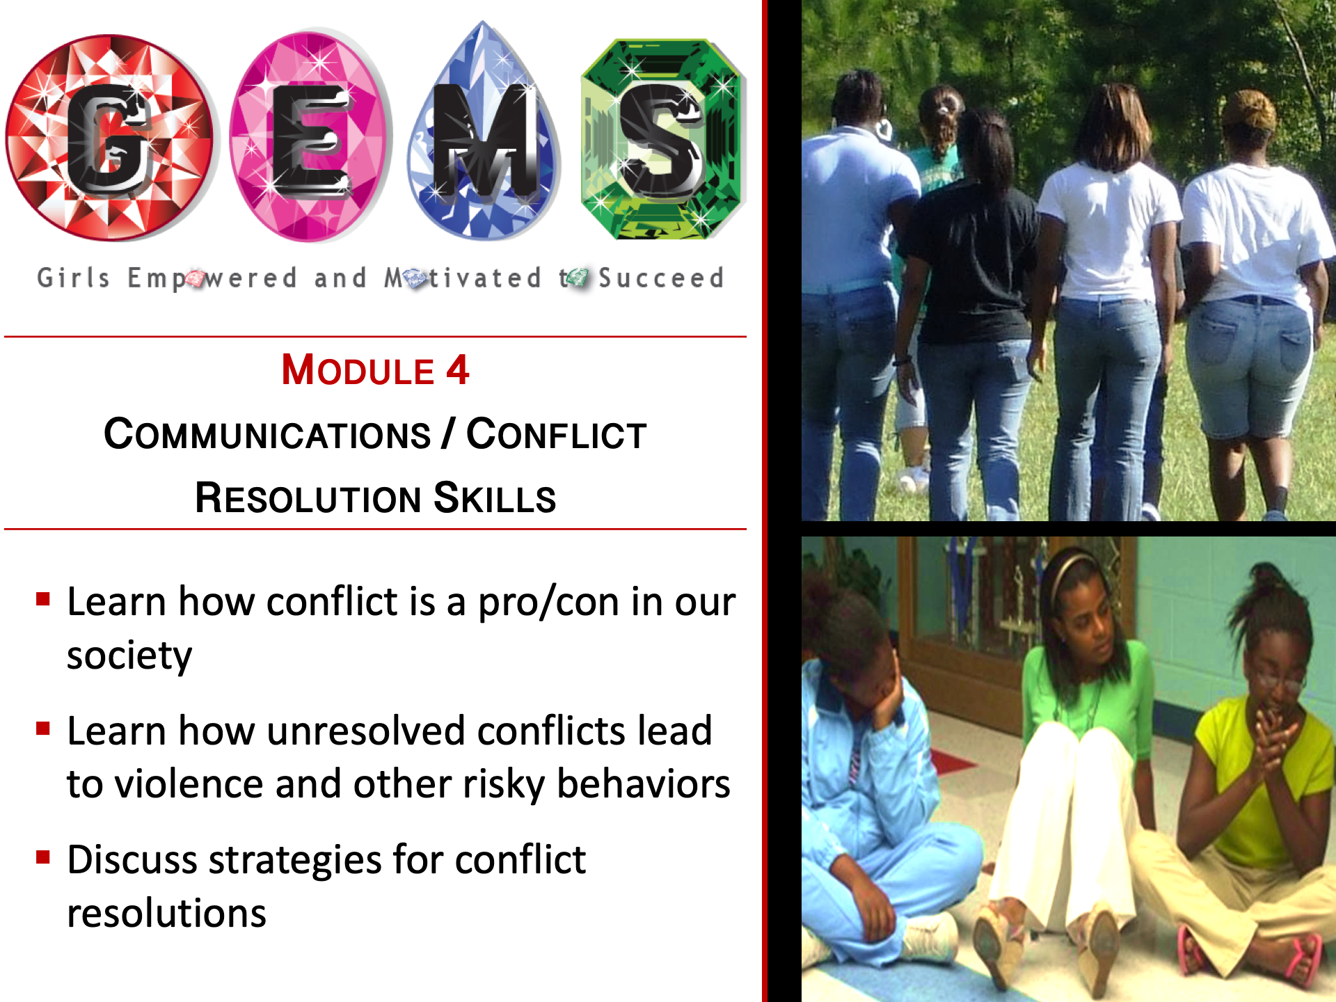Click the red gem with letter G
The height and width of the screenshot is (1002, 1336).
[110, 138]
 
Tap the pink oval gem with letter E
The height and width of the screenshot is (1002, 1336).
[311, 136]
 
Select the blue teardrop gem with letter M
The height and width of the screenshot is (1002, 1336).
[484, 132]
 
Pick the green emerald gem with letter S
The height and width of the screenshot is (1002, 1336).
[663, 139]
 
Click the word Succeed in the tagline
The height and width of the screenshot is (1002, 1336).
[661, 278]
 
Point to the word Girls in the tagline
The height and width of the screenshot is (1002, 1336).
[73, 278]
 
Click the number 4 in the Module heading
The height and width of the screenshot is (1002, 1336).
[457, 369]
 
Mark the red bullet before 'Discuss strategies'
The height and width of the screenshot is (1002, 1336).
[43, 857]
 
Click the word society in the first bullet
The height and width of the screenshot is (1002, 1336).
[129, 656]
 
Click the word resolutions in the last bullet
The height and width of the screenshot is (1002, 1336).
[167, 913]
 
